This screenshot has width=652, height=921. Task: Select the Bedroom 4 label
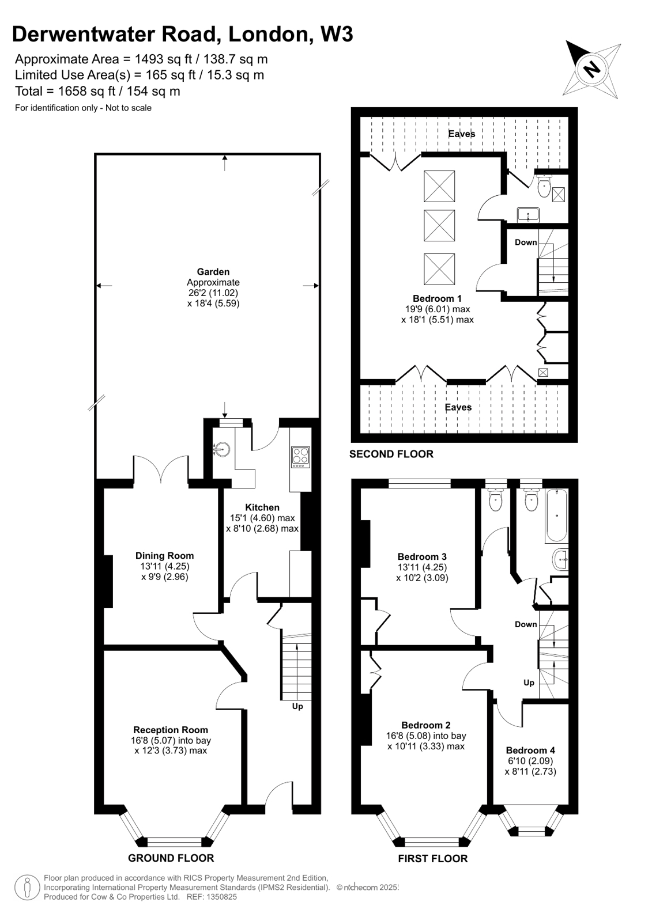(x=530, y=750)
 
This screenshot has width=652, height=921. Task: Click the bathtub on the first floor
(x=556, y=516)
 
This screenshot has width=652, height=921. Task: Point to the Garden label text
(x=213, y=272)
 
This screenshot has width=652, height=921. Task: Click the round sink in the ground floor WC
(x=222, y=448)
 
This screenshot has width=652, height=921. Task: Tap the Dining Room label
(x=164, y=556)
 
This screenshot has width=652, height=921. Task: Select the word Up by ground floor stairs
(x=297, y=706)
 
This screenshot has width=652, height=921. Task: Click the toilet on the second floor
(x=544, y=187)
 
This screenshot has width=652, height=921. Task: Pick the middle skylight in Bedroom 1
(x=439, y=225)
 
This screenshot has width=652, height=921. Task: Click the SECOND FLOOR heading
(x=391, y=454)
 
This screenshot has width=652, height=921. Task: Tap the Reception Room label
(x=171, y=730)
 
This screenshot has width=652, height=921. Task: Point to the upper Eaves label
(x=462, y=134)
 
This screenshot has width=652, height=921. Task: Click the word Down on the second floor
(x=526, y=242)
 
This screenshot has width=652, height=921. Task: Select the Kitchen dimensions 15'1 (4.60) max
(x=262, y=518)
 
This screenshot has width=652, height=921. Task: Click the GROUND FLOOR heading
(x=171, y=858)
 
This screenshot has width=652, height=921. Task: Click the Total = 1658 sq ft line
(x=97, y=91)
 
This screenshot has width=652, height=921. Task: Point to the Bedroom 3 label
(x=422, y=556)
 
